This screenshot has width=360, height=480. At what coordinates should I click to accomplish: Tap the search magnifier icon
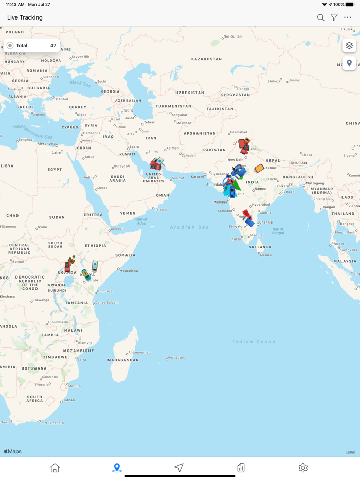(320, 17)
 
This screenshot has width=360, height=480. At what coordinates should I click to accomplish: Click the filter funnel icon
(334, 17)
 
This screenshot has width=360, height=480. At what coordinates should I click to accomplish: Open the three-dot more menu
(348, 17)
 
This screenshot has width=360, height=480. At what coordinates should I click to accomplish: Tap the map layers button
(349, 46)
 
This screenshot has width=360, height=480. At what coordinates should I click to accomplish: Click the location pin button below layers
(349, 63)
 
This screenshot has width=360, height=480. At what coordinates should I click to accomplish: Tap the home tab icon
(55, 468)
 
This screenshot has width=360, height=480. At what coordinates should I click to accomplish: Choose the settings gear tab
(303, 468)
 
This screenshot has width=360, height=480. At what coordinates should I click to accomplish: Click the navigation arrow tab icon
(178, 468)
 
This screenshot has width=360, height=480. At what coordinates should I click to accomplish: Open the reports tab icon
(241, 468)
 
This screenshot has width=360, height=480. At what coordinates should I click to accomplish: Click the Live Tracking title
(25, 17)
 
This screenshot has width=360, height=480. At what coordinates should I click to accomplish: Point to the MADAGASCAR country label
(123, 360)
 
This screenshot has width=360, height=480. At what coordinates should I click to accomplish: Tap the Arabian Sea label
(190, 227)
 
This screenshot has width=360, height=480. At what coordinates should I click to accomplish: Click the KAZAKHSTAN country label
(206, 59)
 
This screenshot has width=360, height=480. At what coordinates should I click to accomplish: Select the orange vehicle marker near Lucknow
(259, 168)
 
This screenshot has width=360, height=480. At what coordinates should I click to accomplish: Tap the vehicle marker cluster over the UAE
(156, 164)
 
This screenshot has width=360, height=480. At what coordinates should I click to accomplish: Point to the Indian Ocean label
(254, 342)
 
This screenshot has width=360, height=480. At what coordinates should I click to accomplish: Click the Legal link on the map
(350, 452)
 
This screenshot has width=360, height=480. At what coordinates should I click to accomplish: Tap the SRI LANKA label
(260, 247)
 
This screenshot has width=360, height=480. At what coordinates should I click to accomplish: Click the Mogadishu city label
(128, 270)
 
